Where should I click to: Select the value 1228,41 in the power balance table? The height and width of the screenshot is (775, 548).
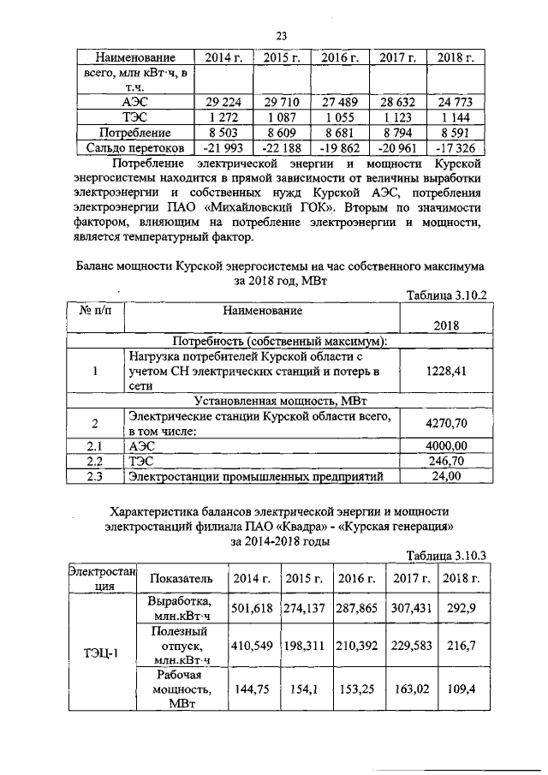[x=445, y=372]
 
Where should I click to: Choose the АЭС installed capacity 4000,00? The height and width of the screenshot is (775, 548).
[x=446, y=445]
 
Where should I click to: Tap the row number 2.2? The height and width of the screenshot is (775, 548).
[x=94, y=461]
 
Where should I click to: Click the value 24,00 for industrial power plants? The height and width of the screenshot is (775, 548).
[x=446, y=476]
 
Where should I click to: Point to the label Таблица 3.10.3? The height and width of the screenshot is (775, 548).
[x=445, y=555]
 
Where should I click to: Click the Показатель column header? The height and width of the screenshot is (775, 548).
[x=181, y=579]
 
